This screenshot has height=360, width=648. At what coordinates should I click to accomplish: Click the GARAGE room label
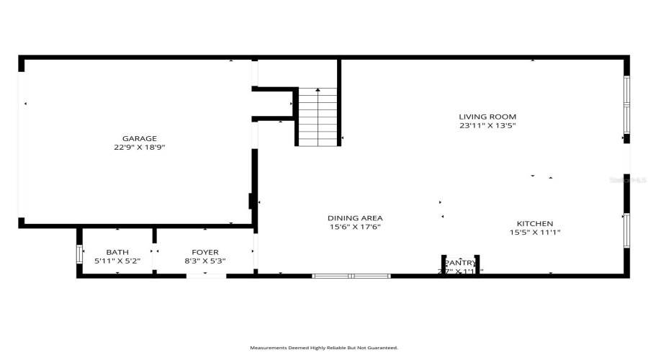(x=139, y=138)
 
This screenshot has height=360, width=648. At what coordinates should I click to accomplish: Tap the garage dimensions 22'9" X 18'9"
(x=139, y=148)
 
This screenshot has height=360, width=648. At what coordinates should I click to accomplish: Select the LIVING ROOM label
(x=487, y=117)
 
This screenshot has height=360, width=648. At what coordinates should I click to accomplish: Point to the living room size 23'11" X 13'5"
(x=487, y=126)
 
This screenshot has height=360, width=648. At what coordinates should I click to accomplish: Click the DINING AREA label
(x=355, y=218)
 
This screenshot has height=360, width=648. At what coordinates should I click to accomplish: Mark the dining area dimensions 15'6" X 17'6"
(x=355, y=228)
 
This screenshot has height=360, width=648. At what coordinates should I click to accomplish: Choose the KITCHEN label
(x=535, y=223)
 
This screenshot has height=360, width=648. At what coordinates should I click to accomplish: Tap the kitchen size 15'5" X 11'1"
(x=535, y=233)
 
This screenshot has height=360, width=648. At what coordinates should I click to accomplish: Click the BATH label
(x=117, y=252)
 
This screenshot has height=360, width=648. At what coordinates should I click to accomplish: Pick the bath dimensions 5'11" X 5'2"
(x=117, y=261)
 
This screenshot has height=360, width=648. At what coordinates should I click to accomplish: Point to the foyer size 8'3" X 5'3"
(x=205, y=261)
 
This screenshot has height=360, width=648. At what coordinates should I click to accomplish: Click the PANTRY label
(x=461, y=263)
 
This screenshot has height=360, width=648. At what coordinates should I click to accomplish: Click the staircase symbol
(x=318, y=117)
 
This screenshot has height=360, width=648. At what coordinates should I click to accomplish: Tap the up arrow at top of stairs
(x=318, y=91)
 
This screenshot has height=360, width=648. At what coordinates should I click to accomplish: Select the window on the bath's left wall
(x=79, y=255)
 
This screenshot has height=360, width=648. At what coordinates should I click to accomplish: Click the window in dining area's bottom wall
(x=351, y=276)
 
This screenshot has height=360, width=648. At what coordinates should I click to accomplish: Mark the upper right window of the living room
(x=626, y=106)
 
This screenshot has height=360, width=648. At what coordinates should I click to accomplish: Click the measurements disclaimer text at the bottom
(x=324, y=348)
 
